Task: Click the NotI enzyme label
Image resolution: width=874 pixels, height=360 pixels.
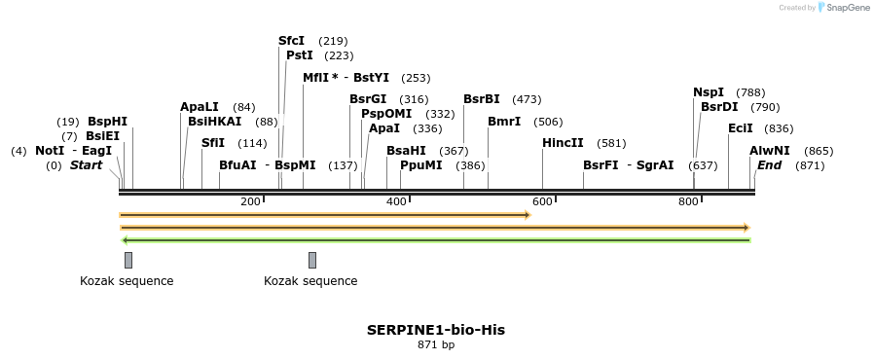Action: click(x=50, y=151)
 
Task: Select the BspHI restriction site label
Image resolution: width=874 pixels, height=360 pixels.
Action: click(x=107, y=122)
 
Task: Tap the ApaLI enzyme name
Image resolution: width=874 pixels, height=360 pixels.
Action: click(x=200, y=107)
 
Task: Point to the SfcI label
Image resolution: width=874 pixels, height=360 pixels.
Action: click(x=291, y=41)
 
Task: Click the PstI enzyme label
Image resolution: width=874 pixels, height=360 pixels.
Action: click(x=299, y=55)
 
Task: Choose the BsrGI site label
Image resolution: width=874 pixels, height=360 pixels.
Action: click(x=368, y=99)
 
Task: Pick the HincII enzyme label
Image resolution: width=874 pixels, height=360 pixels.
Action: click(x=563, y=143)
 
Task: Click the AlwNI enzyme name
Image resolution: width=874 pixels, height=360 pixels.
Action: click(x=770, y=151)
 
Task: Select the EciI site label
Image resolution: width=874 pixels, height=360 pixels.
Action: click(x=740, y=128)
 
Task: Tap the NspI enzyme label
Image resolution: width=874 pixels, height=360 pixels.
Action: click(x=708, y=92)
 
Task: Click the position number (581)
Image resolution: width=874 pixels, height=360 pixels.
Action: click(x=611, y=144)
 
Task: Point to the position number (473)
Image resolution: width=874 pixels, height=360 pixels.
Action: click(x=527, y=99)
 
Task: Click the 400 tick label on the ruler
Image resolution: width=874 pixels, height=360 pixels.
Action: click(x=396, y=201)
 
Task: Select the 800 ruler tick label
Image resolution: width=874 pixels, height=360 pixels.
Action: click(x=688, y=201)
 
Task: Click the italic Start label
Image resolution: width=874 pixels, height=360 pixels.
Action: click(x=86, y=165)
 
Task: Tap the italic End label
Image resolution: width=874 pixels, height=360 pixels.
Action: click(x=769, y=165)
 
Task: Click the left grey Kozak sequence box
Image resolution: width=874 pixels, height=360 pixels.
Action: click(x=128, y=260)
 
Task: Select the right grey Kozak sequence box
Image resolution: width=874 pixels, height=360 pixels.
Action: click(x=312, y=260)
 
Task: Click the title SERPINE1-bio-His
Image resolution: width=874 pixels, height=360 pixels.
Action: click(x=436, y=330)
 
